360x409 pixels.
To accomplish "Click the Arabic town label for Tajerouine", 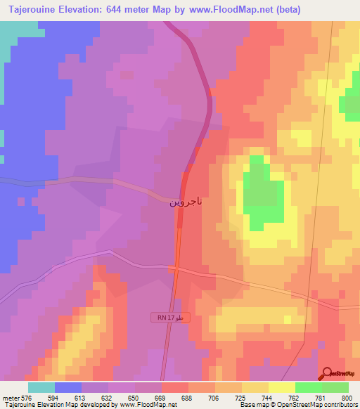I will coord(186,202).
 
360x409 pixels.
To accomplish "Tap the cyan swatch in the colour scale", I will coord(41,387).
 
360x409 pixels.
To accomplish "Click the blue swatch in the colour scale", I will coord(68,387).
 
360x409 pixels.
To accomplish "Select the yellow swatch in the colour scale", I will coord(282,387).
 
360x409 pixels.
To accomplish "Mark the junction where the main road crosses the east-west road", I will coord(176,268).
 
